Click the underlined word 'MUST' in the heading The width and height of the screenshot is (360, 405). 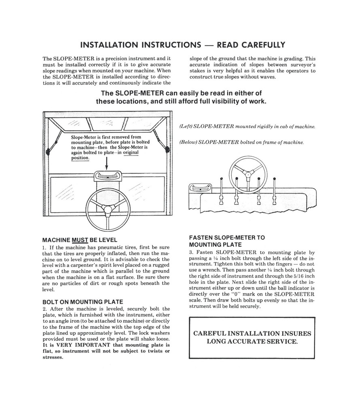pos(80,240)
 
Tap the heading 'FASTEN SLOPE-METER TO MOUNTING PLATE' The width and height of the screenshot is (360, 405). pos(227,241)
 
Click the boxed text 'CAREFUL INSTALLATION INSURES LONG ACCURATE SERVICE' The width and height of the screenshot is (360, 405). pos(252,337)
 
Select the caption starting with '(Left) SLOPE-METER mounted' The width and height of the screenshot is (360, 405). pos(247,127)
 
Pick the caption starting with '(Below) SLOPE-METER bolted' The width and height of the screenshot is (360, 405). pos(241,142)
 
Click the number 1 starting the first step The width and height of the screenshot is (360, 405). pos(43,247)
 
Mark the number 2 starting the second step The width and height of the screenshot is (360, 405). pos(43,309)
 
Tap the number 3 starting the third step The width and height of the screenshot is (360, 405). pos(191,252)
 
